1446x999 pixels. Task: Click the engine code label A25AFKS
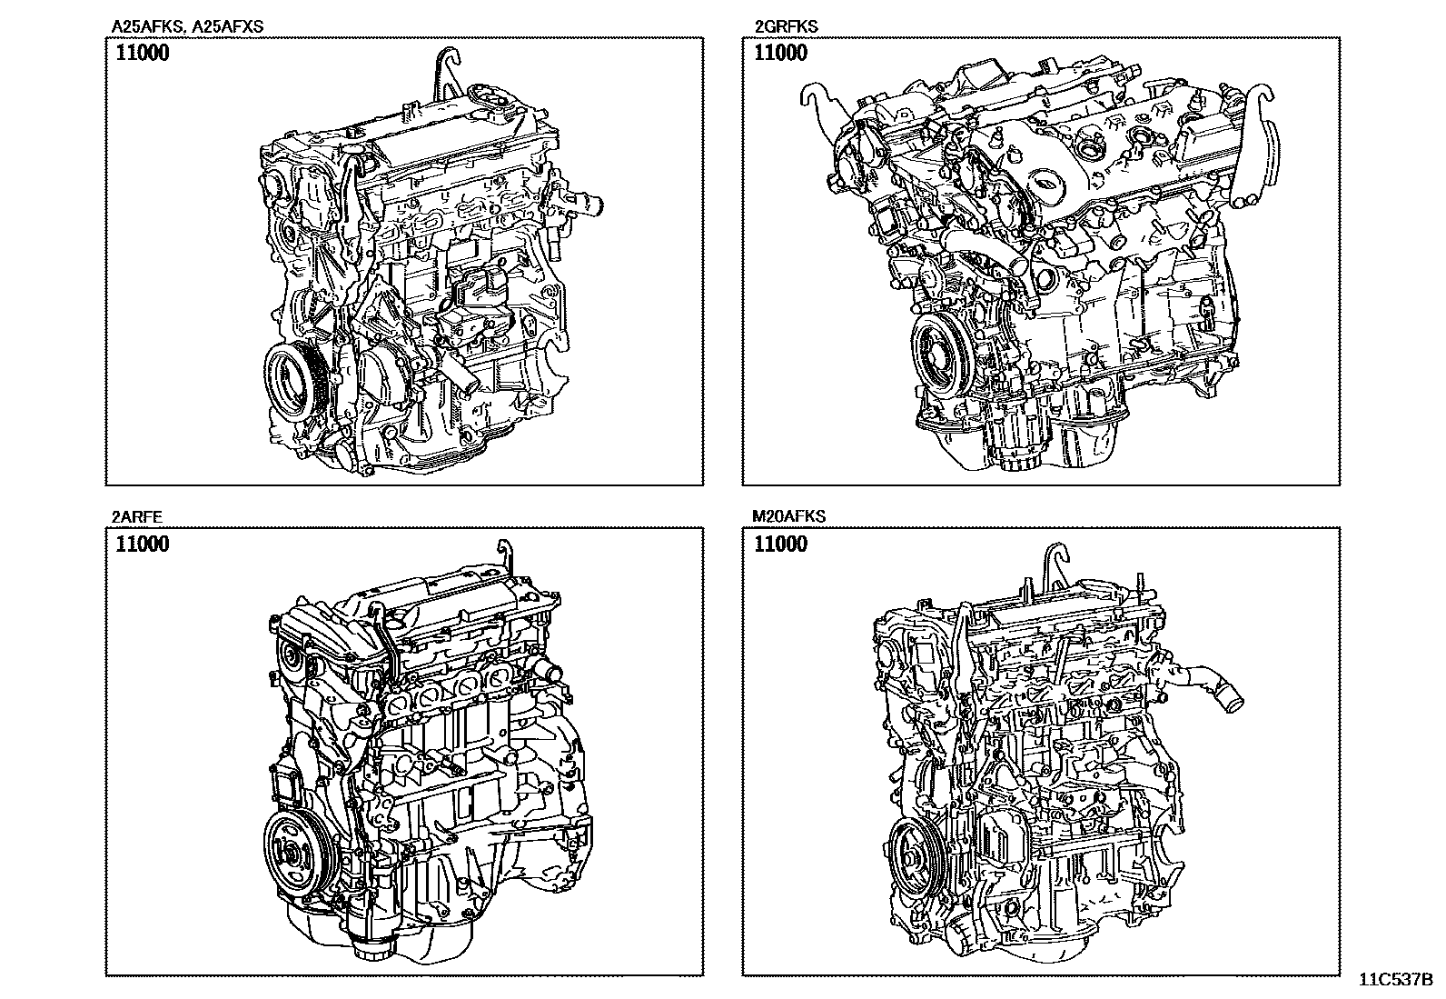149,26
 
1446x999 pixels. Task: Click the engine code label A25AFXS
228,26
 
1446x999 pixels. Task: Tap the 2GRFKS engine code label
787,26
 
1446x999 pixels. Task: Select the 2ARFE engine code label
137,517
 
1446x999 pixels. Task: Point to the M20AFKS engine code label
788,516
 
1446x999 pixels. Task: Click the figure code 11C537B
1396,979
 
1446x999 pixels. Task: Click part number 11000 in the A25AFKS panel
142,53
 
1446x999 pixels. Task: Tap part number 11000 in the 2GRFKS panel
780,53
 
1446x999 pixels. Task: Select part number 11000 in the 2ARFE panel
142,544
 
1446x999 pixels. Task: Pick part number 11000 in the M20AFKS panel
780,544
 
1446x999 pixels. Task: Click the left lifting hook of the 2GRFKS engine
821,104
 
